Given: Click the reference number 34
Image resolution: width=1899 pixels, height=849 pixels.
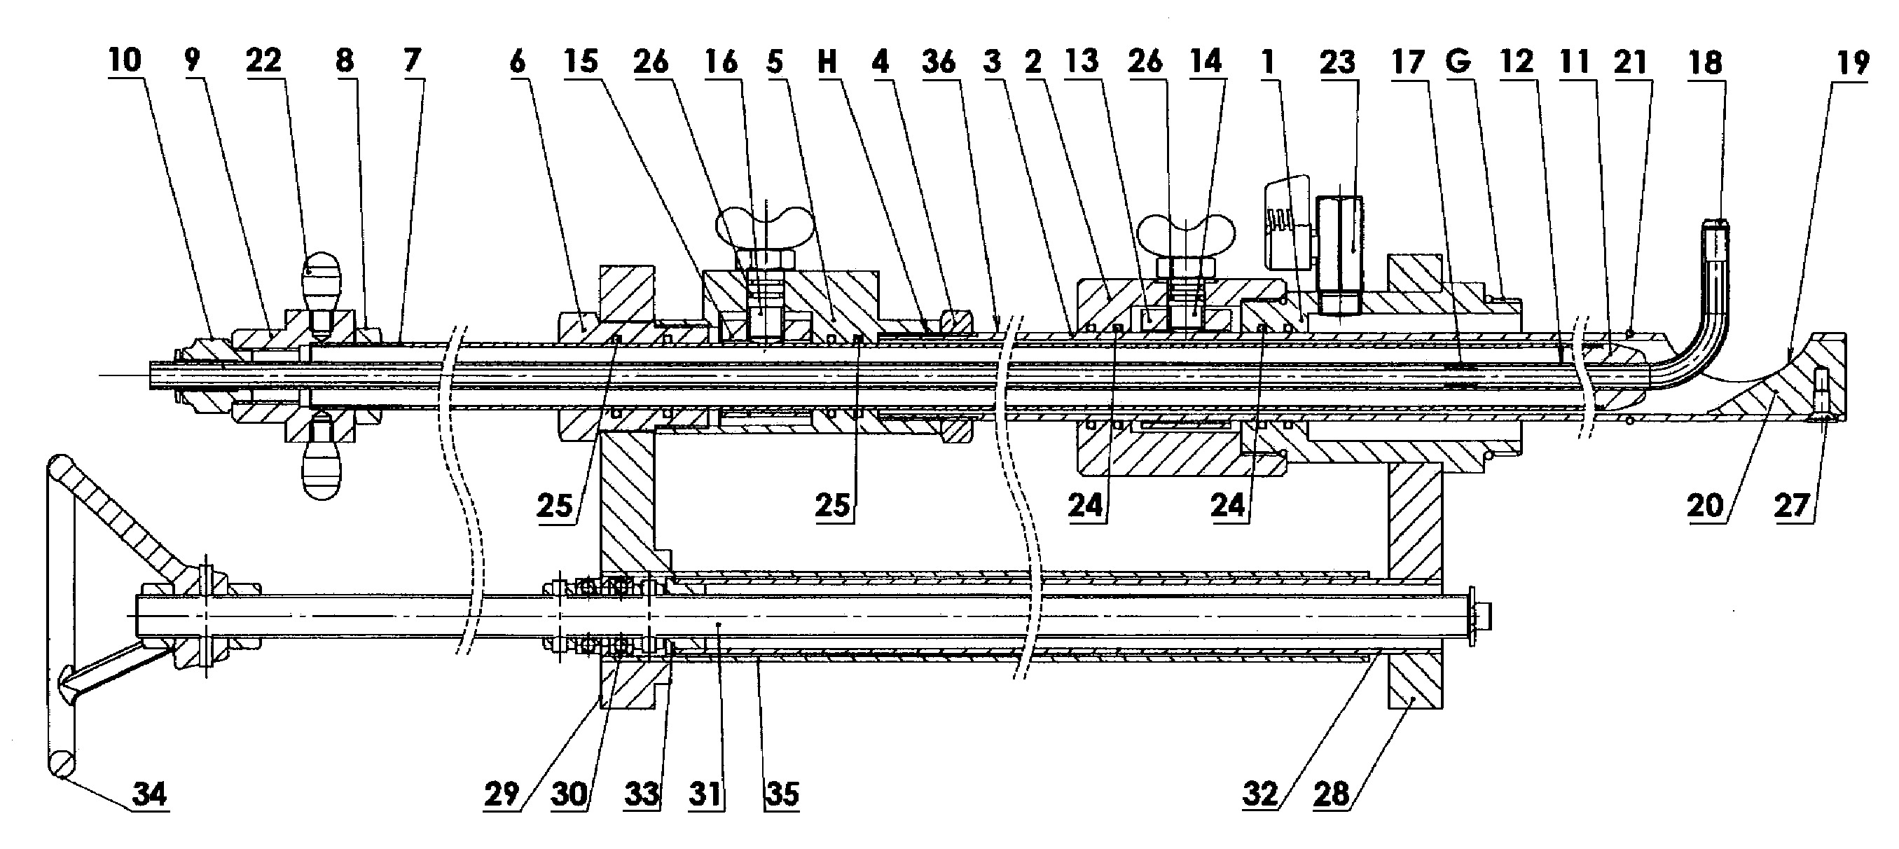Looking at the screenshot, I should pyautogui.click(x=151, y=795).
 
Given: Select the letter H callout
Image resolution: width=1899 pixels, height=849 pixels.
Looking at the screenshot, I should pyautogui.click(x=827, y=62).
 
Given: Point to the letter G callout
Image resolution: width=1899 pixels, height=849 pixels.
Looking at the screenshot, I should pyautogui.click(x=1458, y=62).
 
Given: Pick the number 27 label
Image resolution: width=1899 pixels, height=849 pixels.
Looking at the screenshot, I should pyautogui.click(x=1793, y=506).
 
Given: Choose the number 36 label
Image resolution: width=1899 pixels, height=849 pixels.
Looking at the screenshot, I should pyautogui.click(x=939, y=62).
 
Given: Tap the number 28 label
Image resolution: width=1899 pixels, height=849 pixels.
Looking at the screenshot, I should pyautogui.click(x=1332, y=794).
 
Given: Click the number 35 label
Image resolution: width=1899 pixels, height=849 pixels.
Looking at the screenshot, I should pyautogui.click(x=782, y=794).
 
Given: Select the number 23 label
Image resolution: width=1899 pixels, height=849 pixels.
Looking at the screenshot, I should pyautogui.click(x=1337, y=62).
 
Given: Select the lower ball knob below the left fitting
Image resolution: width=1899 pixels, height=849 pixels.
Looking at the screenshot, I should pyautogui.click(x=322, y=475).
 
